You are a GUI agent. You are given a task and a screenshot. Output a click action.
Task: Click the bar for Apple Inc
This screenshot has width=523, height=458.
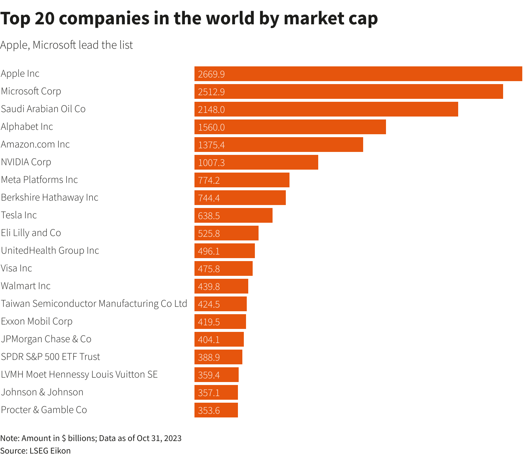(358, 74)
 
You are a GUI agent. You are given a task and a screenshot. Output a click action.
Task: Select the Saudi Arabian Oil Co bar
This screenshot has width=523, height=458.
(326, 109)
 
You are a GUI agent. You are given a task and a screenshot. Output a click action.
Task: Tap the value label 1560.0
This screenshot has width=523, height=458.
(211, 127)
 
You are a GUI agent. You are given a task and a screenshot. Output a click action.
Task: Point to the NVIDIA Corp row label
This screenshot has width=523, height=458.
(26, 162)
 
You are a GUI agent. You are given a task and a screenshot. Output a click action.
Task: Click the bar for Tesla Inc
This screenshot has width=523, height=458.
(234, 215)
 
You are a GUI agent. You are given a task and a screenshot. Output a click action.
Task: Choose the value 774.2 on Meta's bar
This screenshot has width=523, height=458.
(209, 180)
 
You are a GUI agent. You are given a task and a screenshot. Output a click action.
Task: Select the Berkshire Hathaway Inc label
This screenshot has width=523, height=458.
(50, 197)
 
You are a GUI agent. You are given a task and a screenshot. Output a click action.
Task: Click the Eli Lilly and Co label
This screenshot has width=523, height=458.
(31, 233)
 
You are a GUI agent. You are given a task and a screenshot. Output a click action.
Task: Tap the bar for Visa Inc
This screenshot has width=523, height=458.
(224, 268)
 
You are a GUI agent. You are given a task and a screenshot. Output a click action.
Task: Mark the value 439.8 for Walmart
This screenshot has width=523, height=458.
(209, 287)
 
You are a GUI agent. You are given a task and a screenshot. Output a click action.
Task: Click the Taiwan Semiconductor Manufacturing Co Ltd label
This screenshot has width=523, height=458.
(94, 303)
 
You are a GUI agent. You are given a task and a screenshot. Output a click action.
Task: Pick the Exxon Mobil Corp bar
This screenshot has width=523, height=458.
(220, 322)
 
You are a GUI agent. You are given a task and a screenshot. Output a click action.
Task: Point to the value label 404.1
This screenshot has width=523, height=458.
(209, 340)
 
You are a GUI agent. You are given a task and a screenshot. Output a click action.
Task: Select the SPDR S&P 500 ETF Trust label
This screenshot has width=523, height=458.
(50, 357)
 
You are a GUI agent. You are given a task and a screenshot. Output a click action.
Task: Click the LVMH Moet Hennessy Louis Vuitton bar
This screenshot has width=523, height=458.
(217, 375)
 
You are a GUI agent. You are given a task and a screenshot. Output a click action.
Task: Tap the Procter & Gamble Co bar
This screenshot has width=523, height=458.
(216, 410)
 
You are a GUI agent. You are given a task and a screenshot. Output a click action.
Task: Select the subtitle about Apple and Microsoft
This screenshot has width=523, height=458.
(67, 45)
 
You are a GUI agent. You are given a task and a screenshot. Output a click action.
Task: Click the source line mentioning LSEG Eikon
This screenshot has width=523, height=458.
(35, 451)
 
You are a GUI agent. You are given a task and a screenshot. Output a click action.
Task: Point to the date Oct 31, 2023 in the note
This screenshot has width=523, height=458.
(159, 438)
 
